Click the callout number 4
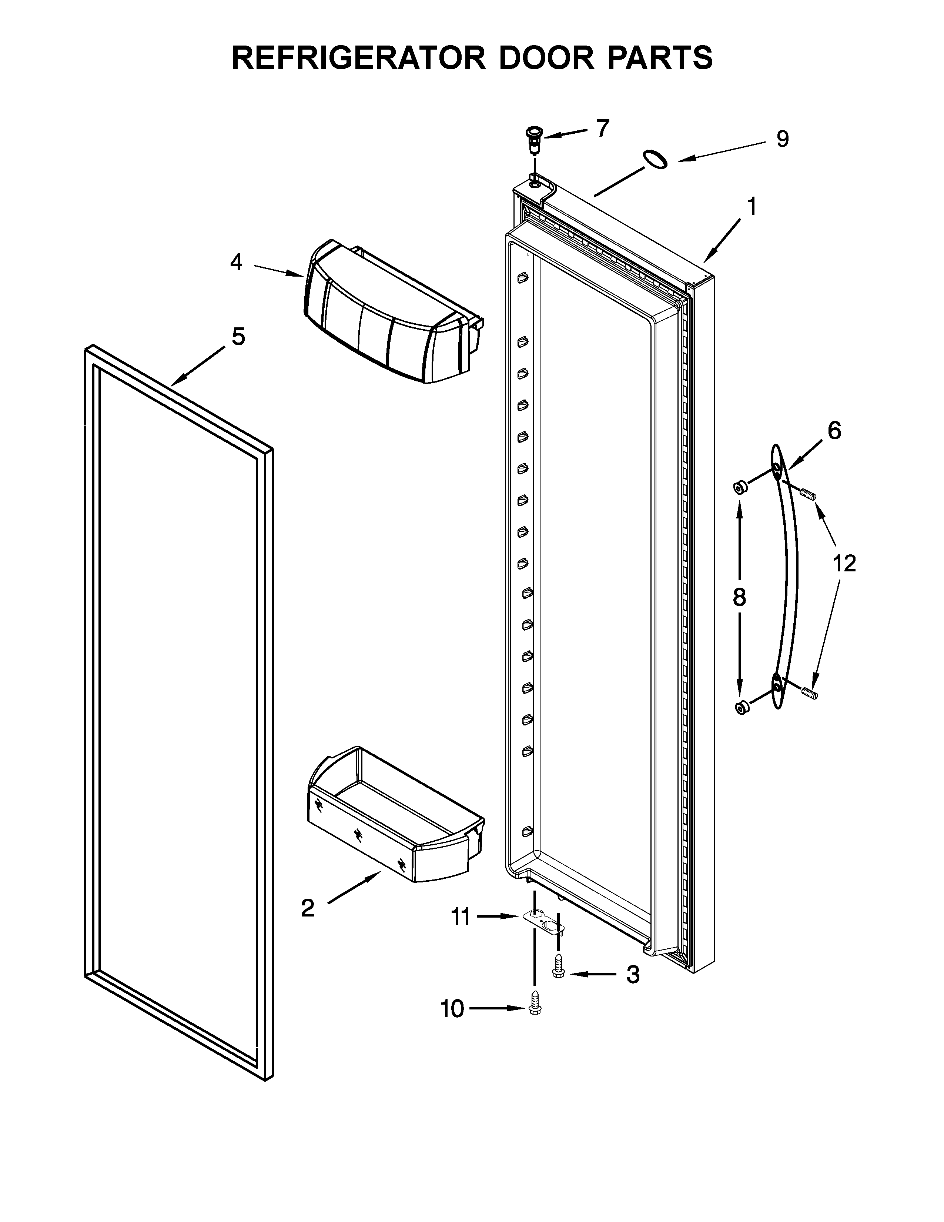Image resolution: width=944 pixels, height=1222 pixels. pyautogui.click(x=237, y=262)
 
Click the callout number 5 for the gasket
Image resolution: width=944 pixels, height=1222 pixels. pyautogui.click(x=238, y=337)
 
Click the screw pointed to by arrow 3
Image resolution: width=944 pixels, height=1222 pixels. pyautogui.click(x=558, y=966)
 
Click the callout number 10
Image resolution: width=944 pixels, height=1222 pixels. pyautogui.click(x=452, y=1009)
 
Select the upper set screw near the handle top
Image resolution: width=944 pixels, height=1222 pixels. pyautogui.click(x=808, y=494)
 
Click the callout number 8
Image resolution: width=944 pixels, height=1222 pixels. pyautogui.click(x=739, y=598)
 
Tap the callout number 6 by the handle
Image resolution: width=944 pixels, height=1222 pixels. pyautogui.click(x=834, y=431)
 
